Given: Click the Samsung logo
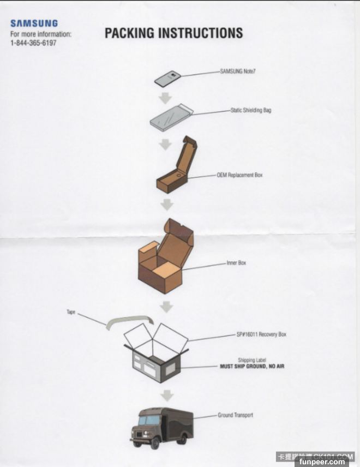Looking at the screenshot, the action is click(34, 23).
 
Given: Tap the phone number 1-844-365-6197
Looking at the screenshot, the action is click(33, 43).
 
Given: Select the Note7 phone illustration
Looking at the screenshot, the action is click(167, 79).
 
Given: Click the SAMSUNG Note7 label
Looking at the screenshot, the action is click(238, 71).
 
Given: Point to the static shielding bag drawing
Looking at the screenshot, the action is click(171, 117).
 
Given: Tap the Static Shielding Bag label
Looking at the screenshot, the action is click(251, 110).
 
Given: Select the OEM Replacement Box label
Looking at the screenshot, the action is click(239, 175).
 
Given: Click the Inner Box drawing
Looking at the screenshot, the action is click(166, 256).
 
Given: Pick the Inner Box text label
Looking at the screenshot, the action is click(236, 263).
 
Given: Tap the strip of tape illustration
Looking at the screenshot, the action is click(130, 321).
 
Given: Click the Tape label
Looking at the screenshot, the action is click(71, 312).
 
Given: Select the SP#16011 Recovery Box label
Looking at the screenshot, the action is click(261, 334).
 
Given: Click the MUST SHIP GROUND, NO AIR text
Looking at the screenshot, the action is click(252, 366).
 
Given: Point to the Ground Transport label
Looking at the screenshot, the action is click(235, 415).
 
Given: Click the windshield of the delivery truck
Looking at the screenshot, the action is click(149, 420).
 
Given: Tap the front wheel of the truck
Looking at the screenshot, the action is click(154, 443).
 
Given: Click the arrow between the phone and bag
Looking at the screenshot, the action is click(165, 98).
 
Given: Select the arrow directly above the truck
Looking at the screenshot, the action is click(167, 396).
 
